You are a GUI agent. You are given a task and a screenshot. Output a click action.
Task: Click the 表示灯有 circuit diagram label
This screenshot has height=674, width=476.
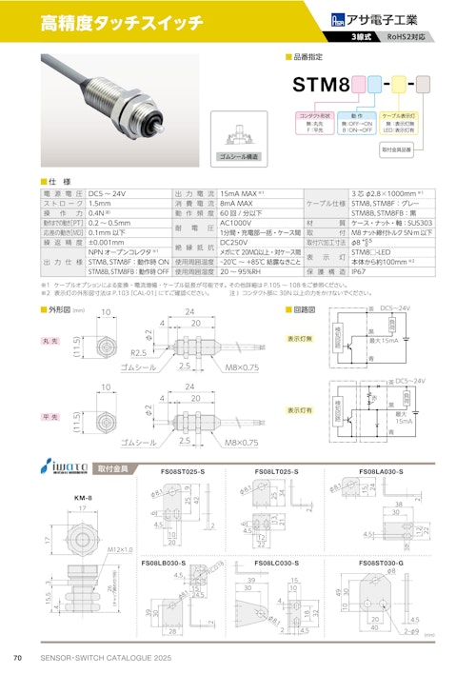tap(300, 410)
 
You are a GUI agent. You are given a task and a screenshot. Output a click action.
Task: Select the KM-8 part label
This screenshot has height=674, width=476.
tap(83, 498)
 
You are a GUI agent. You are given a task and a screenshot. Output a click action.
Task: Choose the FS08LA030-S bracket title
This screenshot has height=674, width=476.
tap(381, 472)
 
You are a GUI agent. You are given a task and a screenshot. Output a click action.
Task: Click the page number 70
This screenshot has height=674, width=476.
tap(17, 659)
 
